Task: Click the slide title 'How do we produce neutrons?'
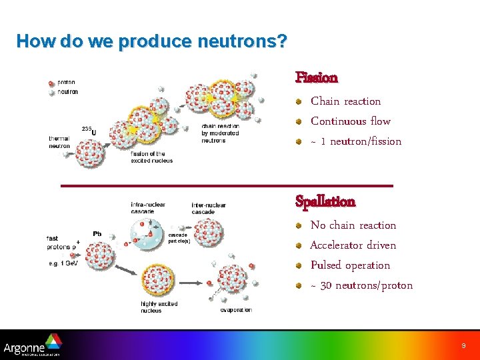[x=152, y=41]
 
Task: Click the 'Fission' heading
[x=317, y=78]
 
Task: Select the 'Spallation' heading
[x=325, y=201]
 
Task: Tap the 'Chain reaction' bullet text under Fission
[x=345, y=101]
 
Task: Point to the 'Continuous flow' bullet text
[x=351, y=121]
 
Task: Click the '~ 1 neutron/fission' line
[x=356, y=141]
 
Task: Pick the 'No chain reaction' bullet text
[x=353, y=225]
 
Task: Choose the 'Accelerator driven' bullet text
[x=353, y=245]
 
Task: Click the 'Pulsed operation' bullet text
[x=350, y=265]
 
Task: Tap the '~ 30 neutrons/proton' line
[x=361, y=285]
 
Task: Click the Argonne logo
[x=32, y=346]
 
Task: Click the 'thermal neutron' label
[x=59, y=142]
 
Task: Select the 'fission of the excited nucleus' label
[x=151, y=157]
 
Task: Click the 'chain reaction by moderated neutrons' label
[x=220, y=133]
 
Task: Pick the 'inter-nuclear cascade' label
[x=209, y=209]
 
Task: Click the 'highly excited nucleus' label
[x=159, y=307]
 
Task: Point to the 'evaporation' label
[x=236, y=310]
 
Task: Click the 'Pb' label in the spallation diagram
[x=97, y=234]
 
